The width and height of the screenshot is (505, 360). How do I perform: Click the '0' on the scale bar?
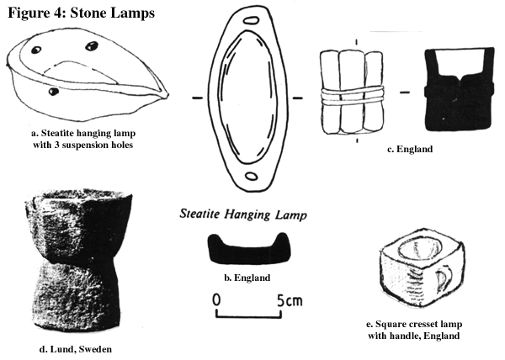point(217,299)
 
